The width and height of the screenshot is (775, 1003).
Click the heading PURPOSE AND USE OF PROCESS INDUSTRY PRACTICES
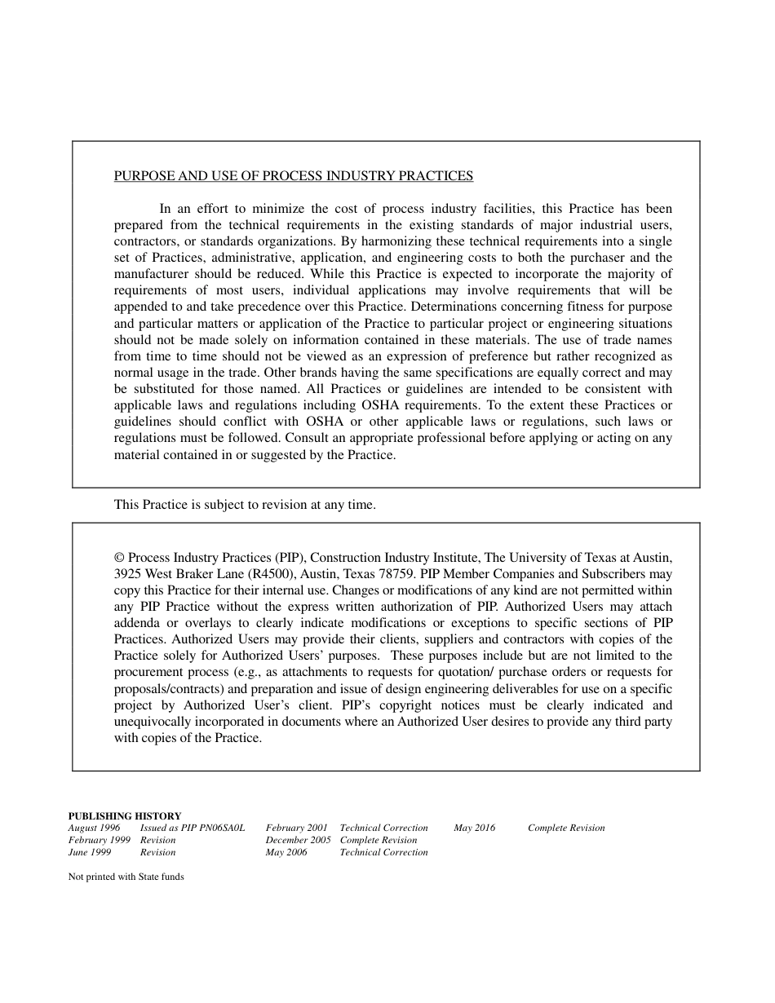[x=293, y=176]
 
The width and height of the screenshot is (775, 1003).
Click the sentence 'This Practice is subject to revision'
[x=245, y=505]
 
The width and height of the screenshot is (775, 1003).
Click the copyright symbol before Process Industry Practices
[x=119, y=558]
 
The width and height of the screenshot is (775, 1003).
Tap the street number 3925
[x=128, y=574]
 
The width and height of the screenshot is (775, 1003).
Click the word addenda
[x=137, y=623]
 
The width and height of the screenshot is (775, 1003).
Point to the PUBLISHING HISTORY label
[x=125, y=815]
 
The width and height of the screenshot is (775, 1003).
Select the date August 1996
[x=94, y=828]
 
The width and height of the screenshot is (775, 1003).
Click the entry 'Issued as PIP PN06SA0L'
[x=193, y=828]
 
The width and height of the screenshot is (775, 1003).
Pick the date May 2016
[x=475, y=828]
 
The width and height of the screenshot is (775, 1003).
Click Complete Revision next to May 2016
[x=566, y=828]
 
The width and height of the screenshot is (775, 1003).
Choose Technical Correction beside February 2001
[x=384, y=828]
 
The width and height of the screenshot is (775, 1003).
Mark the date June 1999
[x=90, y=852]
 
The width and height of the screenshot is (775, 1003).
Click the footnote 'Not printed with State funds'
[x=126, y=877]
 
